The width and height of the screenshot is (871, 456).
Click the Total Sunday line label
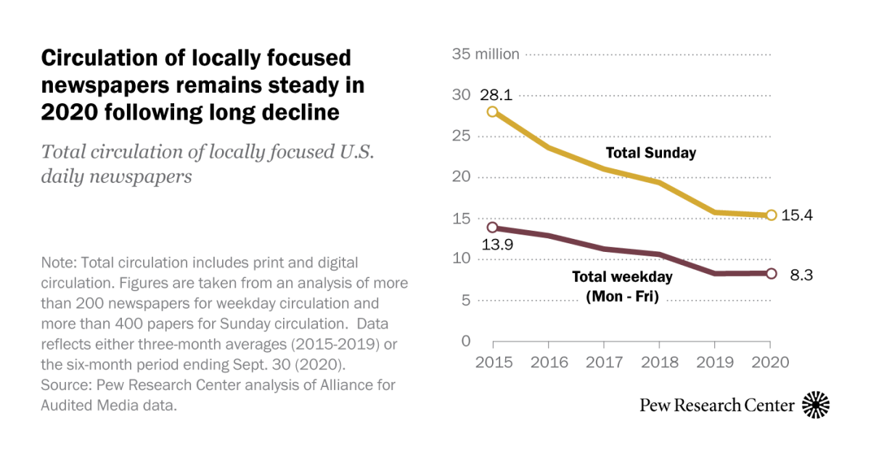click(x=651, y=152)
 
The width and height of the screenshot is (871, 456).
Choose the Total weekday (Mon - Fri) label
click(x=622, y=286)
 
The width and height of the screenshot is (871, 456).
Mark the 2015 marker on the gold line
click(x=493, y=112)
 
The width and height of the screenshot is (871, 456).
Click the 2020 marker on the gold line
click(x=771, y=215)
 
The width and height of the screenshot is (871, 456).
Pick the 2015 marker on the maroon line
click(x=493, y=228)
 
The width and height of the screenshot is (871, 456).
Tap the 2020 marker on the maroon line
click(x=771, y=274)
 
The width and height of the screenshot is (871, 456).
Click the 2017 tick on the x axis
click(x=604, y=361)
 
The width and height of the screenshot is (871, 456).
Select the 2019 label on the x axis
click(x=715, y=361)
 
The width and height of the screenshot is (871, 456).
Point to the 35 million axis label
click(x=486, y=54)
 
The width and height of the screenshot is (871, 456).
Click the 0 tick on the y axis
click(x=467, y=341)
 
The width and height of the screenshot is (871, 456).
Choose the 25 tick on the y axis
click(x=461, y=136)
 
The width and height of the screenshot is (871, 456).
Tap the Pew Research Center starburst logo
click(x=815, y=404)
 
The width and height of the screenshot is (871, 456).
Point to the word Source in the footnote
click(x=66, y=386)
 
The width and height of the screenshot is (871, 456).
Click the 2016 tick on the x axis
click(x=549, y=361)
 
